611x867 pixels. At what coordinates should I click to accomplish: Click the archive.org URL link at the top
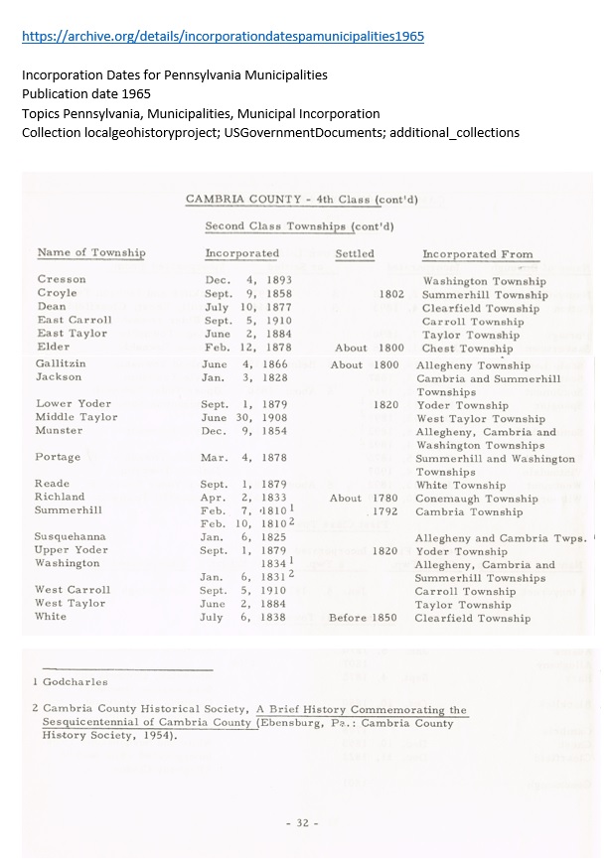point(223,37)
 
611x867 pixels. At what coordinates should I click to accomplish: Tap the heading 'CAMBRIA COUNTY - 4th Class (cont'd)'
point(295,200)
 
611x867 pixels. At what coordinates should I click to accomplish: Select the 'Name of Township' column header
point(90,253)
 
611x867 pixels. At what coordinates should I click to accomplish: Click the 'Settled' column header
point(355,254)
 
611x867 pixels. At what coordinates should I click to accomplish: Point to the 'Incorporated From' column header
point(477,254)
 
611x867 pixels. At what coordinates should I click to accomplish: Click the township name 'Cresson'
point(62,280)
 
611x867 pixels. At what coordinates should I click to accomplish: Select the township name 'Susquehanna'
point(71,536)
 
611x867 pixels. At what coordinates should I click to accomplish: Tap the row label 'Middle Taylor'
point(76,417)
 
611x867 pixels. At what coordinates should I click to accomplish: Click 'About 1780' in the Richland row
point(365,499)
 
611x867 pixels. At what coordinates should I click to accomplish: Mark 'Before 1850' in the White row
point(363,618)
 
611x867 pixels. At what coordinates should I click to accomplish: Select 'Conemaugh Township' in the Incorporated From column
point(476,499)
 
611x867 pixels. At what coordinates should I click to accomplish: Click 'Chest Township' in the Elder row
point(467,349)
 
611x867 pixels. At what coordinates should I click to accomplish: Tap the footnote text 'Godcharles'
point(75,682)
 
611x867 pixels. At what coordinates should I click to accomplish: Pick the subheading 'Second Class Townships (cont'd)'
point(299,226)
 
